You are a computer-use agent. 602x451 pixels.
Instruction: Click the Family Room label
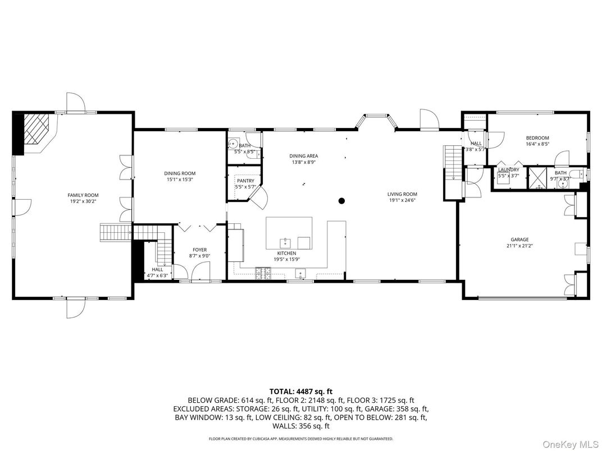[x=83, y=195]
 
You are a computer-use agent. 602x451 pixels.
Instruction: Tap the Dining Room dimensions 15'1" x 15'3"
[x=180, y=180]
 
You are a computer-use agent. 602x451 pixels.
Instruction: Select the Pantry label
[x=245, y=181]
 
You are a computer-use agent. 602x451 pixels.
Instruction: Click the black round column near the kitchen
[x=341, y=201]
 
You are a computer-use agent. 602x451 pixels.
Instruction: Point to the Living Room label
[x=402, y=195]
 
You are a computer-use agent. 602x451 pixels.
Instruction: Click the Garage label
[x=519, y=240]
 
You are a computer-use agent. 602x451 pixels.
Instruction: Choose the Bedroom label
[x=537, y=138]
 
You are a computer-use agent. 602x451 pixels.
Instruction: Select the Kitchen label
[x=285, y=254]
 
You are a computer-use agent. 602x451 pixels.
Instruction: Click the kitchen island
[x=289, y=233]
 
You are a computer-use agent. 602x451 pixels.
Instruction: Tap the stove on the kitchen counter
[x=262, y=274]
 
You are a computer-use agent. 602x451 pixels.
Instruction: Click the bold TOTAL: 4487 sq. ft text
[x=301, y=392]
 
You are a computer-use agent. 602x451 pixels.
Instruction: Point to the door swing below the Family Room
[x=74, y=309]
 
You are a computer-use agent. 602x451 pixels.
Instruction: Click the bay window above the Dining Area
[x=375, y=119]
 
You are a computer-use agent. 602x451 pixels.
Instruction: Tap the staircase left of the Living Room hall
[x=452, y=162]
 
